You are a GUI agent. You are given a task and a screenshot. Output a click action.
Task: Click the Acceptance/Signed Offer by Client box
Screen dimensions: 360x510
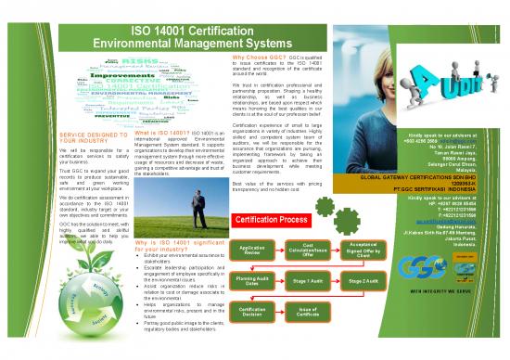363,251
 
